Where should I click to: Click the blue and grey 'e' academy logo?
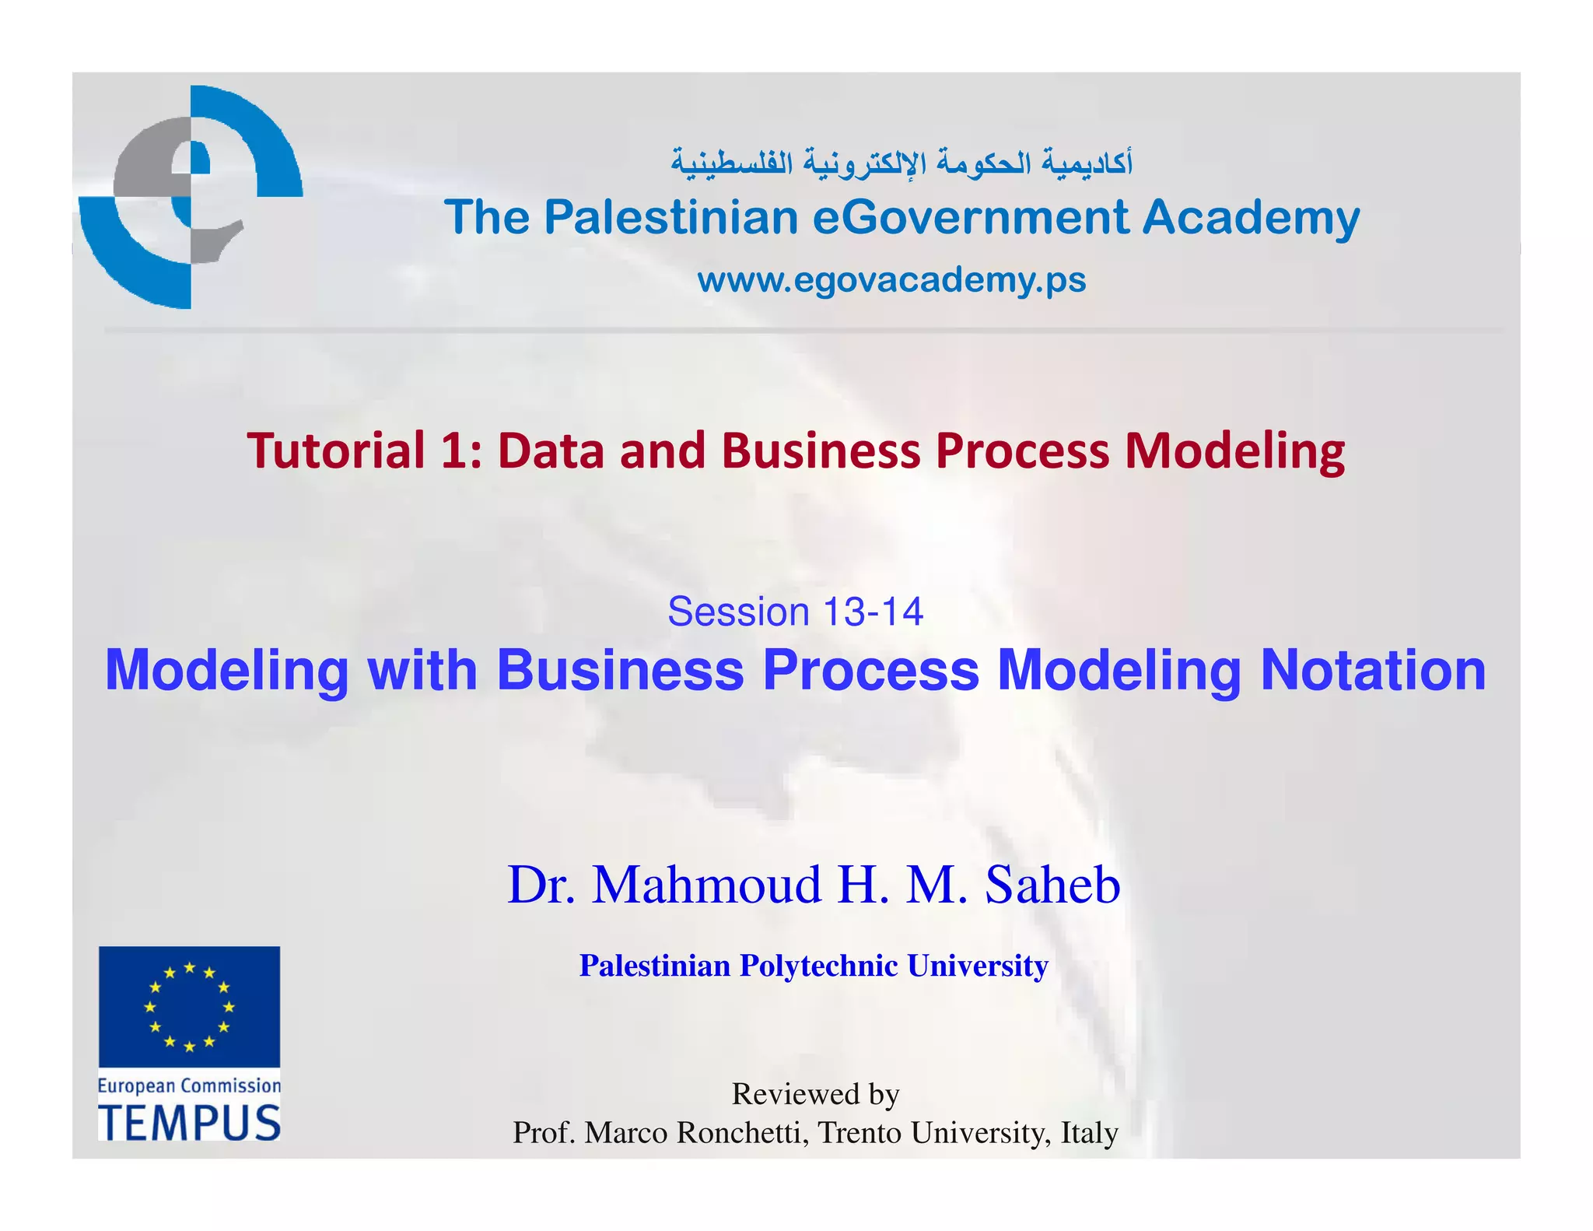point(191,196)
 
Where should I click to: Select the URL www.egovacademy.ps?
point(891,280)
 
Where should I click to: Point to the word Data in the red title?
point(551,451)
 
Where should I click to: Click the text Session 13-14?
point(795,612)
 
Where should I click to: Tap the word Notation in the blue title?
point(1373,671)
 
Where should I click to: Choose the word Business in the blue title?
point(620,671)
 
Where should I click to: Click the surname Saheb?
point(1052,885)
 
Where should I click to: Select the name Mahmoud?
point(706,885)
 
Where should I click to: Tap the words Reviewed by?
point(815,1094)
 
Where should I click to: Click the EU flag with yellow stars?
point(189,1007)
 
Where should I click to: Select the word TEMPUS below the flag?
point(189,1124)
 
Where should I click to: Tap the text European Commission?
point(189,1085)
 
